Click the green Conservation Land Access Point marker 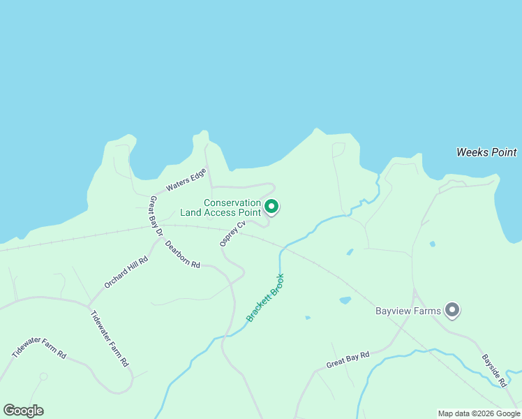click(x=271, y=206)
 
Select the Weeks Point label click(x=486, y=152)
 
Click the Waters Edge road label click(x=186, y=179)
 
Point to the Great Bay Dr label click(x=156, y=215)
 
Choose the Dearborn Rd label click(x=183, y=255)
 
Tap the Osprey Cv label click(x=232, y=234)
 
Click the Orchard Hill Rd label click(x=126, y=272)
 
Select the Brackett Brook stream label click(x=266, y=297)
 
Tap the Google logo click(x=23, y=411)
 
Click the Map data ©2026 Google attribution click(x=479, y=413)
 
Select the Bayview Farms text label click(x=408, y=311)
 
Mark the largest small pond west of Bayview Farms click(x=345, y=300)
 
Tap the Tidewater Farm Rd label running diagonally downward click(x=110, y=339)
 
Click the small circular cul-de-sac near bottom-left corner click(x=43, y=376)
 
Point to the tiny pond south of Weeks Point click(x=433, y=244)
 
